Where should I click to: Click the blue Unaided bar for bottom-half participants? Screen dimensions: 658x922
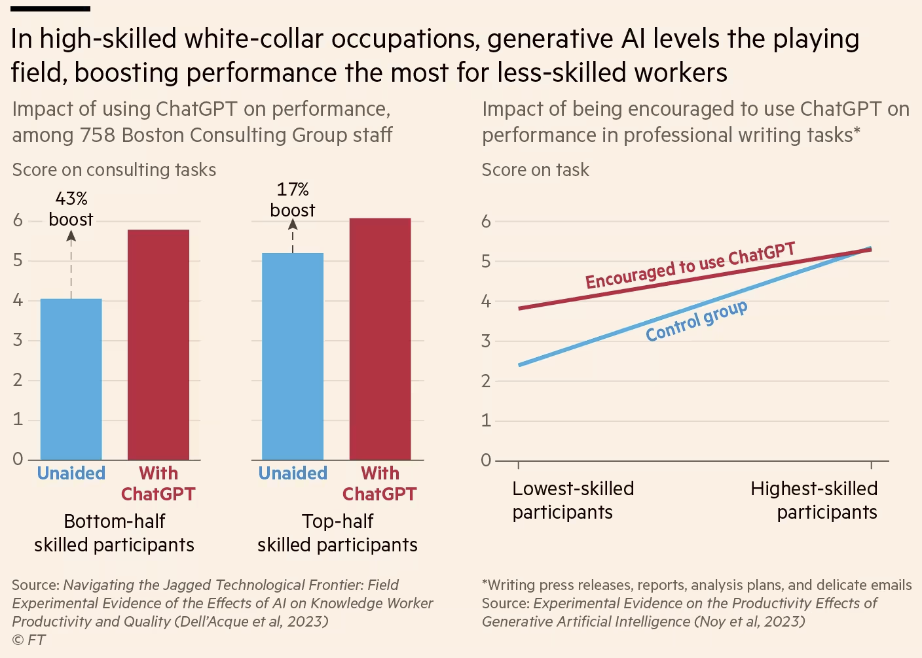click(x=71, y=379)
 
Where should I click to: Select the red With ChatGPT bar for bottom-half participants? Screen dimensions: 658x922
click(x=158, y=345)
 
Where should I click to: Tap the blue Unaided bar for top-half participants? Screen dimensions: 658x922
click(x=293, y=356)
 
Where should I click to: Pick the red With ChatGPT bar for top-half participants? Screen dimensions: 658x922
click(x=380, y=339)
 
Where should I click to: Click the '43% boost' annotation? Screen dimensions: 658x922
click(x=71, y=209)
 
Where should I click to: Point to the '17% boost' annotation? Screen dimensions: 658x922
click(x=293, y=199)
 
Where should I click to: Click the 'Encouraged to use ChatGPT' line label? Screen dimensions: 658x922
click(x=690, y=266)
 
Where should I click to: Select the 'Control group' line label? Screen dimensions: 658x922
click(x=696, y=321)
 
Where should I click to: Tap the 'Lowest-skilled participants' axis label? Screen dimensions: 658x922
click(x=573, y=500)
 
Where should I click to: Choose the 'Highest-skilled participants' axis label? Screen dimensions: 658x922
click(x=814, y=500)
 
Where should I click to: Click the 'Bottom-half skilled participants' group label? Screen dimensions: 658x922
click(x=115, y=533)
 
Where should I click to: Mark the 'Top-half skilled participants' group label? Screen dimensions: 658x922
click(x=337, y=533)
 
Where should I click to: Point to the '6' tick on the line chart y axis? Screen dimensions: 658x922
click(x=486, y=222)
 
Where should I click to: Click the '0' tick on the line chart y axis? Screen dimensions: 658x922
click(x=486, y=460)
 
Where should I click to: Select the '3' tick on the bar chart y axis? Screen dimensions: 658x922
click(x=18, y=340)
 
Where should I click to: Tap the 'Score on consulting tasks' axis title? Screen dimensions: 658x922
click(x=114, y=170)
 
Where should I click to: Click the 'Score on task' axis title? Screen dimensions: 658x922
click(x=535, y=170)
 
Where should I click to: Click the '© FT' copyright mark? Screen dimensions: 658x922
click(x=29, y=640)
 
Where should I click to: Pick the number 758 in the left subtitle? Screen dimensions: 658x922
click(x=98, y=135)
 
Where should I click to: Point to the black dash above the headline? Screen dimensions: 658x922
click(x=50, y=9)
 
